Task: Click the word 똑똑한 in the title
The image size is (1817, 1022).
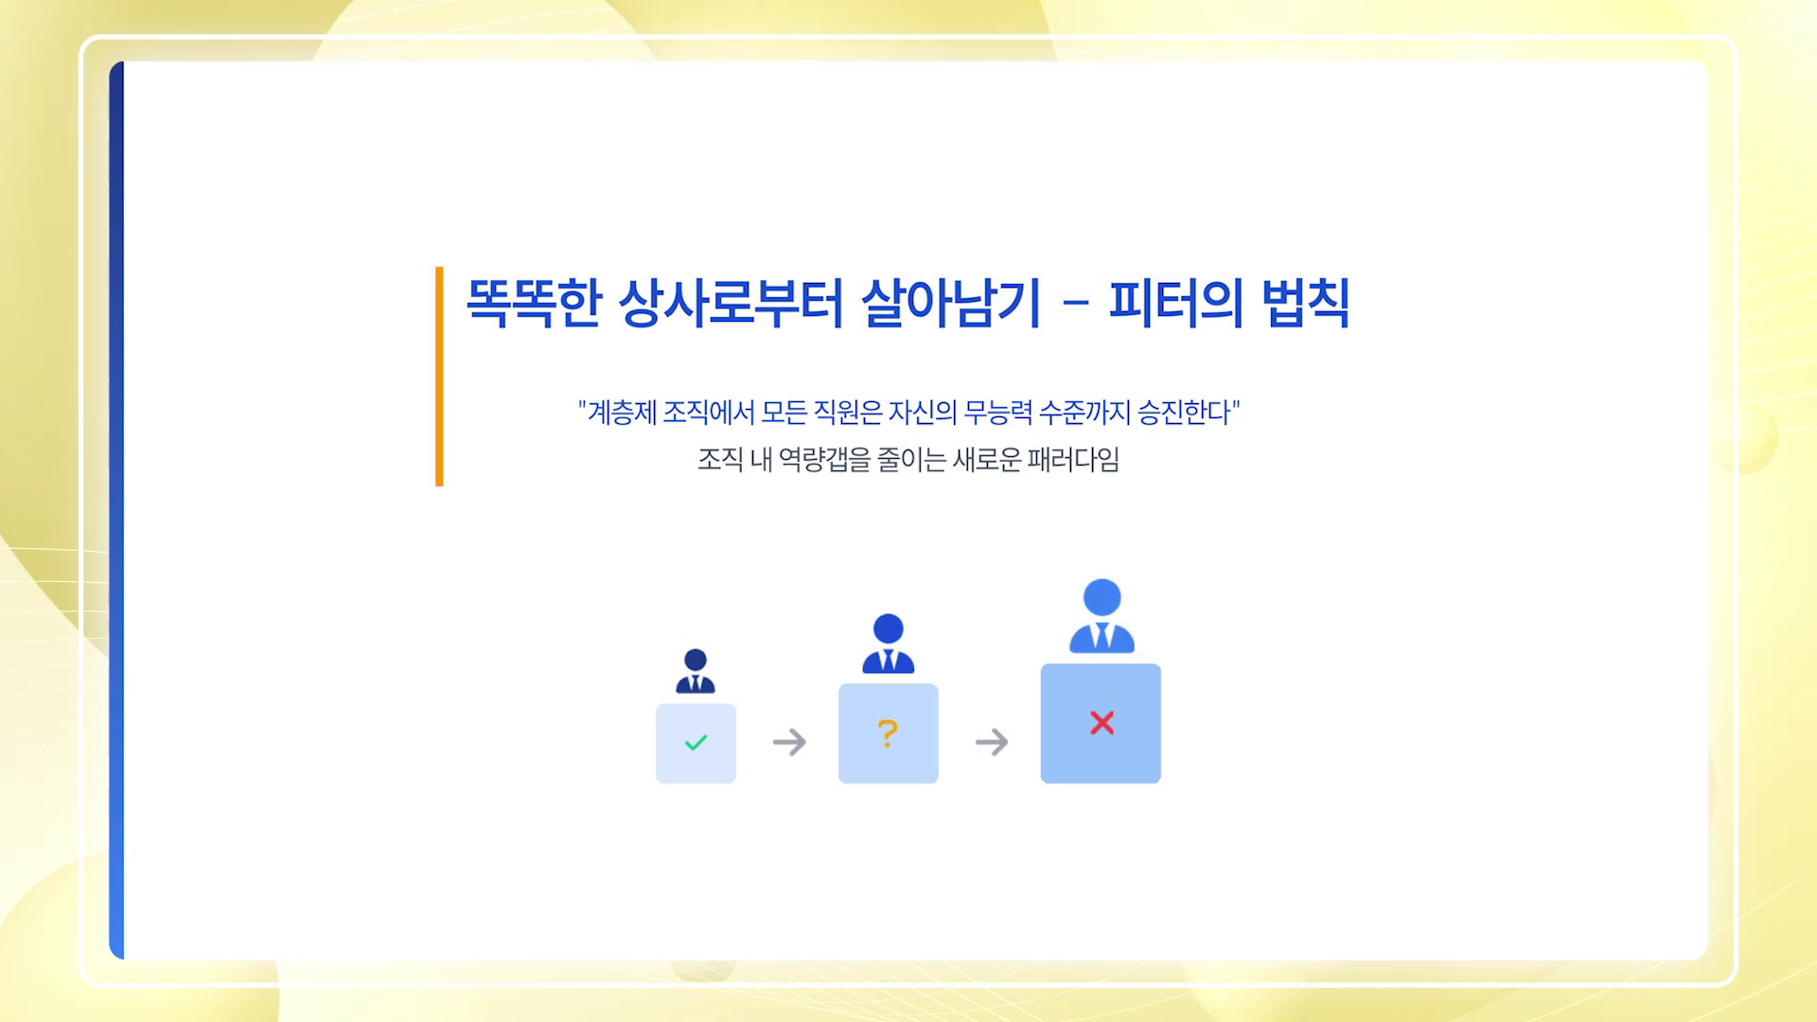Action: click(x=534, y=303)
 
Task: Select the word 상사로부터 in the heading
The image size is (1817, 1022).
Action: click(x=730, y=303)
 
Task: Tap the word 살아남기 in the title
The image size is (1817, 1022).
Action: click(x=950, y=303)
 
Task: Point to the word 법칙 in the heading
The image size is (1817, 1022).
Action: click(x=1306, y=303)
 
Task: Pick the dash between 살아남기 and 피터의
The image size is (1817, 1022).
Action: click(x=1075, y=303)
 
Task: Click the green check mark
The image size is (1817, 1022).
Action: click(x=696, y=743)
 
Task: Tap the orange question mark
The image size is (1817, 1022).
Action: click(x=888, y=733)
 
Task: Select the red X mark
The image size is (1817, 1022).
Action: click(x=1102, y=723)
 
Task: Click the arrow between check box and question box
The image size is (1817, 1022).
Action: click(x=789, y=742)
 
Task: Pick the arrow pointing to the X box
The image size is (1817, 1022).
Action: click(x=992, y=742)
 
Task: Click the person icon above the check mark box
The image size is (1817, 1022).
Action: click(x=696, y=671)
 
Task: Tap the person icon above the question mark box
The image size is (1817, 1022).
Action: click(x=888, y=643)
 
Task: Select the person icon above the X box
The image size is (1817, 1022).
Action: click(x=1102, y=616)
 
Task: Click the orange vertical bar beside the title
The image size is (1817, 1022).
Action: click(x=439, y=377)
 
